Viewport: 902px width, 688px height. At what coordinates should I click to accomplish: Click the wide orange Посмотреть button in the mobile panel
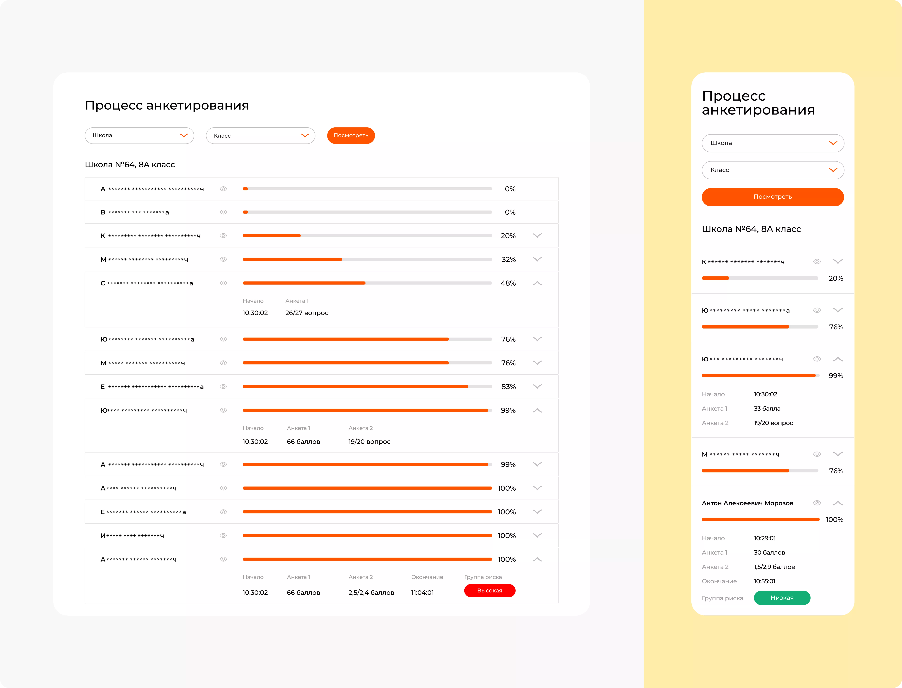coord(773,197)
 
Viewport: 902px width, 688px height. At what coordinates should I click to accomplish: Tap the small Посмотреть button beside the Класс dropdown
coord(351,136)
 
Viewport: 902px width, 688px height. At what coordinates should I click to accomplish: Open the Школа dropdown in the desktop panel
coord(139,136)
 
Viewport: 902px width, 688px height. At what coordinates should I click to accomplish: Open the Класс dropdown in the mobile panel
coord(773,170)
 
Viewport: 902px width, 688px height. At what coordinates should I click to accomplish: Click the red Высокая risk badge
coord(490,590)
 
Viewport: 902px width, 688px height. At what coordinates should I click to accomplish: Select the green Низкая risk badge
coord(782,598)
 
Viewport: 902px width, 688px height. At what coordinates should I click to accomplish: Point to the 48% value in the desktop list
coord(508,283)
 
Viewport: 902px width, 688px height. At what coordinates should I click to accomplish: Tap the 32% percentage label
coord(509,260)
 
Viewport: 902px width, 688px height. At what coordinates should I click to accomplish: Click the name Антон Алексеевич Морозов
coord(747,503)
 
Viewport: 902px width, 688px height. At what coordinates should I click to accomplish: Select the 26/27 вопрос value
coord(307,313)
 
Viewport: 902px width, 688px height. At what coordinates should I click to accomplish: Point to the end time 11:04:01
coord(422,593)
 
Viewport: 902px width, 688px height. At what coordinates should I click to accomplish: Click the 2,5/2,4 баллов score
coord(371,593)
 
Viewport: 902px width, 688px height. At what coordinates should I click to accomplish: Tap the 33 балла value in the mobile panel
coord(767,409)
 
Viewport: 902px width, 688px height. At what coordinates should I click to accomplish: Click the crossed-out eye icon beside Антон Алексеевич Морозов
coord(817,503)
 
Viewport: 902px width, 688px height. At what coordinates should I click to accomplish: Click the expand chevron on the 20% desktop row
coord(537,235)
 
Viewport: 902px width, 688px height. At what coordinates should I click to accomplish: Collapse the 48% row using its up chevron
coord(537,283)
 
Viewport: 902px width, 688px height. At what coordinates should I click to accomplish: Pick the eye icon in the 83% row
coord(223,387)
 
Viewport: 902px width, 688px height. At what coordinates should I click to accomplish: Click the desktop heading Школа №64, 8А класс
coord(130,165)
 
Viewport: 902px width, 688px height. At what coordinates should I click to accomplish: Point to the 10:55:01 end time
coord(764,581)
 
